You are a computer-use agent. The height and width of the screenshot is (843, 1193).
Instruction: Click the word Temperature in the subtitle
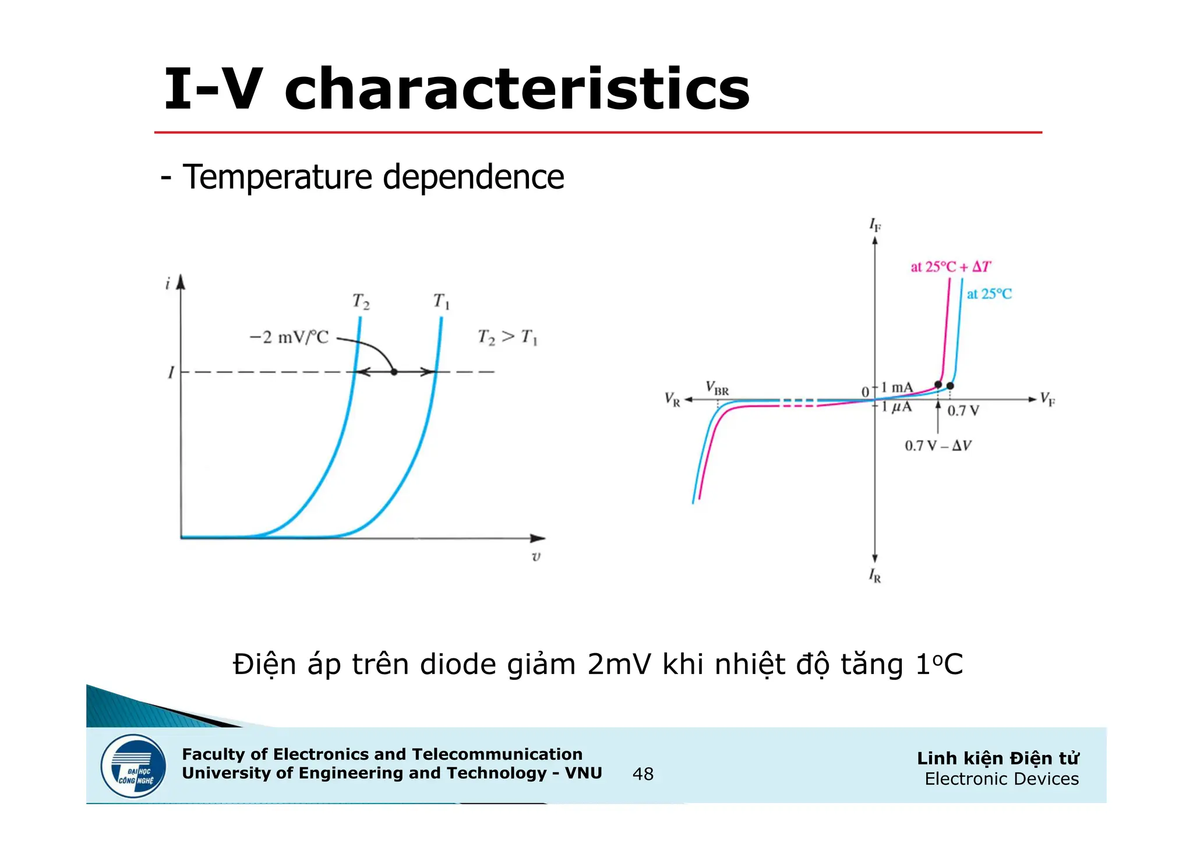[x=277, y=177]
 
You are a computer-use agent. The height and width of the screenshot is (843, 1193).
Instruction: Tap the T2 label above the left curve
[x=361, y=302]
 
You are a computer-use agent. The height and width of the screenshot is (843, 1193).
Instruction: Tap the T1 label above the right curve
[x=441, y=302]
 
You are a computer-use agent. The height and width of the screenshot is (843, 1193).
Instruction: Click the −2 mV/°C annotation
[x=289, y=337]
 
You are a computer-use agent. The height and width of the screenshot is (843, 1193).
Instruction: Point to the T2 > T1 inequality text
[x=507, y=337]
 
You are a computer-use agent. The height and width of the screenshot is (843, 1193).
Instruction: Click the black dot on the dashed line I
[x=394, y=372]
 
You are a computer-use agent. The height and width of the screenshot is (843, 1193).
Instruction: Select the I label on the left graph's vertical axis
[x=171, y=372]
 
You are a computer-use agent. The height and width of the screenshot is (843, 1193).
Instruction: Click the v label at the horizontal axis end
[x=536, y=556]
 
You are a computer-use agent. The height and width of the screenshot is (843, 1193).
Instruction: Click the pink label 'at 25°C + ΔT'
[x=950, y=267]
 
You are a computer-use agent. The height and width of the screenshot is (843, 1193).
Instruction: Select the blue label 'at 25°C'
[x=989, y=294]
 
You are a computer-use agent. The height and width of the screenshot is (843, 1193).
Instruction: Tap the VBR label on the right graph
[x=717, y=387]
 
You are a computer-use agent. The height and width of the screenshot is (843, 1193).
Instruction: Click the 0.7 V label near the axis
[x=963, y=411]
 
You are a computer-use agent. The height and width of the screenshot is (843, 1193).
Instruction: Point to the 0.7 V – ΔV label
[x=938, y=446]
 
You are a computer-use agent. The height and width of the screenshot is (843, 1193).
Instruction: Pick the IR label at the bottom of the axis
[x=875, y=576]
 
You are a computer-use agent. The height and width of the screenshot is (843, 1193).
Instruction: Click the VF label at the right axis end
[x=1047, y=399]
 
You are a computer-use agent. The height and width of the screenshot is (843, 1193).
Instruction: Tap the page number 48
[x=643, y=774]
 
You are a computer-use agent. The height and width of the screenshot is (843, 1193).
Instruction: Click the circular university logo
[x=133, y=766]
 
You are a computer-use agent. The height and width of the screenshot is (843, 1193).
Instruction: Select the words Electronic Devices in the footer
[x=1001, y=779]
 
